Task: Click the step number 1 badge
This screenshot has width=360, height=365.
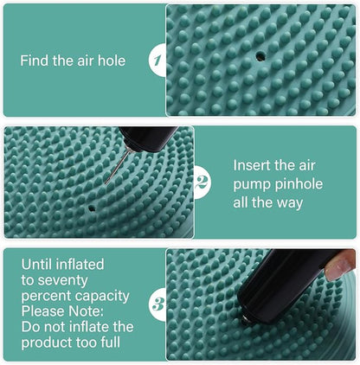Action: (x=157, y=60)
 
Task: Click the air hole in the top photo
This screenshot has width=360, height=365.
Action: (x=259, y=54)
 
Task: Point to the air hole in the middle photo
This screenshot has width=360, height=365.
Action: (x=93, y=208)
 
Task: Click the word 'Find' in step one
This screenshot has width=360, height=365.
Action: (x=35, y=61)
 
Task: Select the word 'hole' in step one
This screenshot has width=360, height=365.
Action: (x=110, y=61)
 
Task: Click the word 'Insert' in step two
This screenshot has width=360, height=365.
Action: (x=254, y=163)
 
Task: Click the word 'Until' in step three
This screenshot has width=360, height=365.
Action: (x=37, y=264)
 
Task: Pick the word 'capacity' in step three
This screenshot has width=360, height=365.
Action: (x=103, y=295)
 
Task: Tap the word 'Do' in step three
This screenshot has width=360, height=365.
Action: (x=30, y=326)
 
